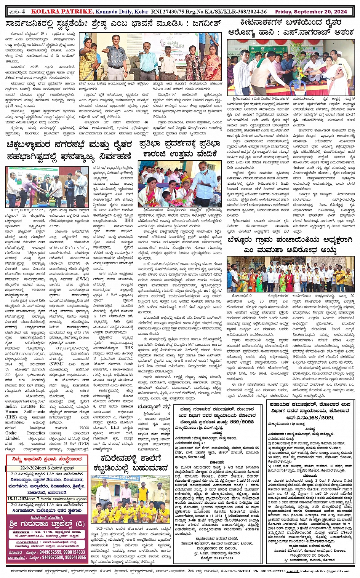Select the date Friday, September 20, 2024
pos(322,11)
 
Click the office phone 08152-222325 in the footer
pos(271,571)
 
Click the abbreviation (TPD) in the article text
pos(83,444)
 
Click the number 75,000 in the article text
pos(83,428)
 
